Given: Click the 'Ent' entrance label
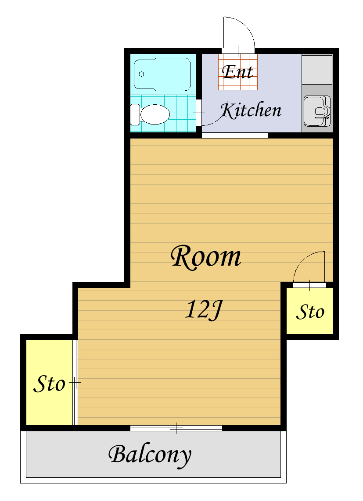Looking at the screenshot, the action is click(x=237, y=72).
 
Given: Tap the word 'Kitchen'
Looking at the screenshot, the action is click(x=252, y=110).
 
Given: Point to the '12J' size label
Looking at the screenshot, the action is click(x=204, y=309).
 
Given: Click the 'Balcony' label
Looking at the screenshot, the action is click(x=150, y=455).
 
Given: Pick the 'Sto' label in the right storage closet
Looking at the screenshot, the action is click(x=310, y=312).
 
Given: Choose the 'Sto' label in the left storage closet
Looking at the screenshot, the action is click(x=49, y=384).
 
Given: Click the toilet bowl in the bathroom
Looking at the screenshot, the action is click(x=155, y=114).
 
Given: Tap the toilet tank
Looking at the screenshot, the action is click(x=135, y=114).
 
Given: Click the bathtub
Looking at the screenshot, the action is click(x=162, y=74).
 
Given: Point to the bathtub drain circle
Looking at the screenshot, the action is click(x=141, y=74).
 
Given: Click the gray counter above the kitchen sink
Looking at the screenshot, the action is click(x=317, y=69).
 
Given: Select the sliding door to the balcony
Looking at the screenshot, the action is click(x=176, y=428).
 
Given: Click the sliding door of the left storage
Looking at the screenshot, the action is click(x=75, y=383).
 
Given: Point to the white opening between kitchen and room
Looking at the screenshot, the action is click(x=235, y=135).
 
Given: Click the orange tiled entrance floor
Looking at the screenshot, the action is click(x=238, y=72).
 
